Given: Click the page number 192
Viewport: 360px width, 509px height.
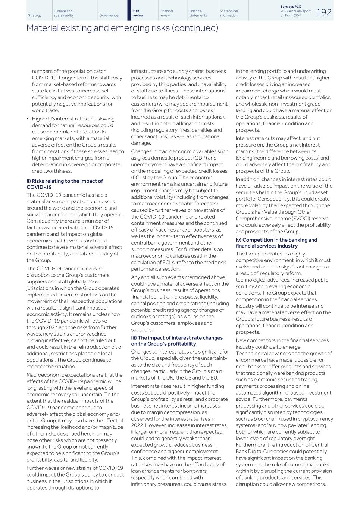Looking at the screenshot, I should pyautogui.click(x=324, y=12).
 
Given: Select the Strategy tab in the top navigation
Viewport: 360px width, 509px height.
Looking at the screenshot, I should pyautogui.click(x=35, y=15).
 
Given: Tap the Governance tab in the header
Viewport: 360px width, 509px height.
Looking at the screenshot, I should pyautogui.click(x=109, y=15).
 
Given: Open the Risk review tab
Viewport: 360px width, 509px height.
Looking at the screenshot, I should pyautogui.click(x=138, y=13).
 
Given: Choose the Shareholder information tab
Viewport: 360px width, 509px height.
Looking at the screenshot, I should pyautogui.click(x=229, y=13).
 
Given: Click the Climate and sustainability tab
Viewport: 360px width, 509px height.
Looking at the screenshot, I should pyautogui.click(x=64, y=13).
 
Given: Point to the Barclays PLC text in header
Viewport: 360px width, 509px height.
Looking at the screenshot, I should pyautogui.click(x=291, y=7).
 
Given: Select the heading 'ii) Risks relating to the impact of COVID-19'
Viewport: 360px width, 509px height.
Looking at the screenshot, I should pyautogui.click(x=65, y=184).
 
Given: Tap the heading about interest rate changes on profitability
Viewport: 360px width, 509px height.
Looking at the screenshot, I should pyautogui.click(x=177, y=341).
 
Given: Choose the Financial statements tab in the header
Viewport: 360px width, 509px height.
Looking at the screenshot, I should pyautogui.click(x=198, y=13).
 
